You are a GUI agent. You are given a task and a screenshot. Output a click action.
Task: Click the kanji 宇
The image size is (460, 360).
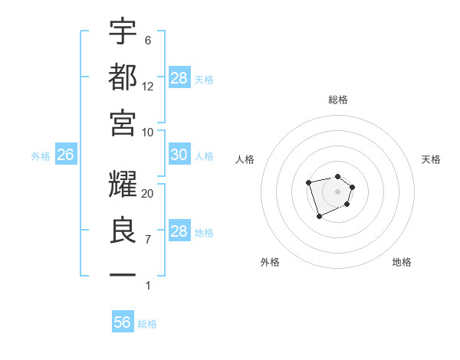(x=123, y=31)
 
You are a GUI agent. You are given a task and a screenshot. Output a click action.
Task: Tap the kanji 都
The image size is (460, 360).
(x=123, y=77)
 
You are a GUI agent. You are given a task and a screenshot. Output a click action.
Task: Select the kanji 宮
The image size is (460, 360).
(x=123, y=122)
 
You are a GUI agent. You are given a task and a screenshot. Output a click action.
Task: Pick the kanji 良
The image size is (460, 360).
(x=123, y=230)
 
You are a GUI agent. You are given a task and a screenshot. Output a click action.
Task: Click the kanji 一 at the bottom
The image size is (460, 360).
(x=123, y=274)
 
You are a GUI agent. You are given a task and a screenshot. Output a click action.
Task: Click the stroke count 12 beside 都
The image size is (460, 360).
(x=148, y=86)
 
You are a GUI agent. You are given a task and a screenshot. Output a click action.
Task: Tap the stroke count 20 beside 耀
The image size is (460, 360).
(x=148, y=194)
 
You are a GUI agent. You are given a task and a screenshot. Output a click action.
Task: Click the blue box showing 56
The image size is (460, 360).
(x=123, y=322)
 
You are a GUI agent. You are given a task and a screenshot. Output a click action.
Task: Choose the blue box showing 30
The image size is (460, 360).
(x=179, y=155)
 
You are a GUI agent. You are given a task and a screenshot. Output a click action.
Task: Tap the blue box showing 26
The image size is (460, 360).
(x=65, y=155)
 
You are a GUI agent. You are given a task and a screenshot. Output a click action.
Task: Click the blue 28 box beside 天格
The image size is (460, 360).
(x=179, y=78)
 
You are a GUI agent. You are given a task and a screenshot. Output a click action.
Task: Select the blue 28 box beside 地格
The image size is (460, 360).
(x=179, y=231)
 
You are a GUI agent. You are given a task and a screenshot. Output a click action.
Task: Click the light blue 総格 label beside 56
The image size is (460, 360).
(x=147, y=324)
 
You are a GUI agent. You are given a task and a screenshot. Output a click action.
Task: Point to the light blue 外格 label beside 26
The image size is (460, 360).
(x=41, y=156)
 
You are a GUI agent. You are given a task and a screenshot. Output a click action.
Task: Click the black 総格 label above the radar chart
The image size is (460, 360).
(x=338, y=100)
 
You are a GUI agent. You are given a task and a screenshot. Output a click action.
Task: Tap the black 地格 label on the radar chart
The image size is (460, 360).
(x=402, y=262)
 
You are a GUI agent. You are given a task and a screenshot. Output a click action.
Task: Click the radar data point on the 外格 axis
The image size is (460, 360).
(x=319, y=218)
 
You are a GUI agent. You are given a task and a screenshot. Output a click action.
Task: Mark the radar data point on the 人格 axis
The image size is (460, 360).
(x=308, y=183)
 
